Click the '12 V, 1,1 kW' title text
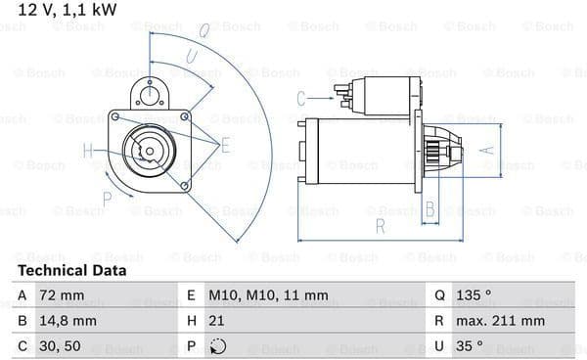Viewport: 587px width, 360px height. (68, 10)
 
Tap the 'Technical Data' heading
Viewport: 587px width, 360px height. (71, 270)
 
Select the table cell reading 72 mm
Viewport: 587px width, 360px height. (62, 295)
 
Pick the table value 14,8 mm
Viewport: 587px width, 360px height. (68, 321)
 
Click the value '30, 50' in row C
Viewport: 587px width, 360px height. (60, 345)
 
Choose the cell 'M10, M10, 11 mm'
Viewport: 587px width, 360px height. (268, 295)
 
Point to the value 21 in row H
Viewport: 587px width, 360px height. (216, 321)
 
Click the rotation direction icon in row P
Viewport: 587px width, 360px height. (218, 346)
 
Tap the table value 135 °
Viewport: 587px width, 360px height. (474, 295)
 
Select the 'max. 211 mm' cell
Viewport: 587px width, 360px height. (500, 321)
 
